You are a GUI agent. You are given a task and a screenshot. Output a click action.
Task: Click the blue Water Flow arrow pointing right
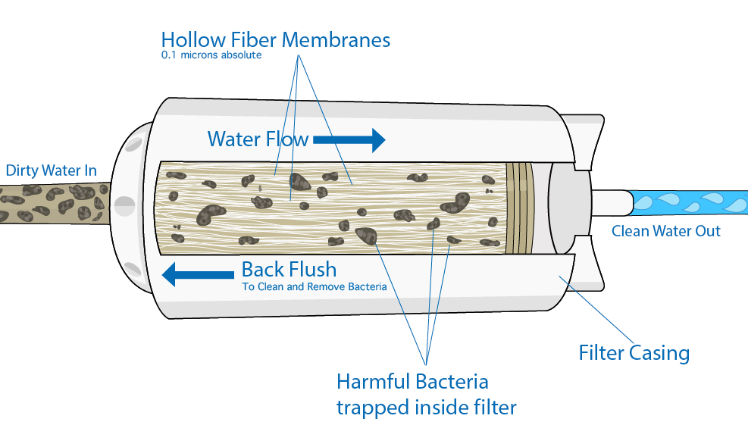coord(349,139)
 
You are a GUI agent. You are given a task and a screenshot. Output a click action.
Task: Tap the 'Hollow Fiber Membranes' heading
coord(276,39)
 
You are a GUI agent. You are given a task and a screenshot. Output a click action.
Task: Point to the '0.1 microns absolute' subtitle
coord(211,55)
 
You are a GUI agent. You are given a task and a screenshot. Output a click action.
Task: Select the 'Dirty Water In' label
coord(52,170)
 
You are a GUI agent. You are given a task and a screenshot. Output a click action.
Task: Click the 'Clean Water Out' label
coord(666,231)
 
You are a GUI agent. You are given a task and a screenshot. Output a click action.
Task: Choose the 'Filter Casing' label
coord(634,353)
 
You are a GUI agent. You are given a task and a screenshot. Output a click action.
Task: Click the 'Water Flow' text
coord(258,139)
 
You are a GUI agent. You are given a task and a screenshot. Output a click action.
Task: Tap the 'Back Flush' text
coord(289,269)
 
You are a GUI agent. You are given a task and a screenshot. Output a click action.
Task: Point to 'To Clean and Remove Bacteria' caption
coord(314,286)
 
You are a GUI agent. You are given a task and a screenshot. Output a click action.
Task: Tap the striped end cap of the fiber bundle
coord(520,207)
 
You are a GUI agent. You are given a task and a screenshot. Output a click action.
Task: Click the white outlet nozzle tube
coord(610,202)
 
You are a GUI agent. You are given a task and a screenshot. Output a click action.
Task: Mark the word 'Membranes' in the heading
coord(350,39)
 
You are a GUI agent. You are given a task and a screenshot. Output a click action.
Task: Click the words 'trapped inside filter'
coord(426,408)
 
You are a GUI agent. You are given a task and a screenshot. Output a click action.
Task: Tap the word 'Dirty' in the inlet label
coord(22,170)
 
